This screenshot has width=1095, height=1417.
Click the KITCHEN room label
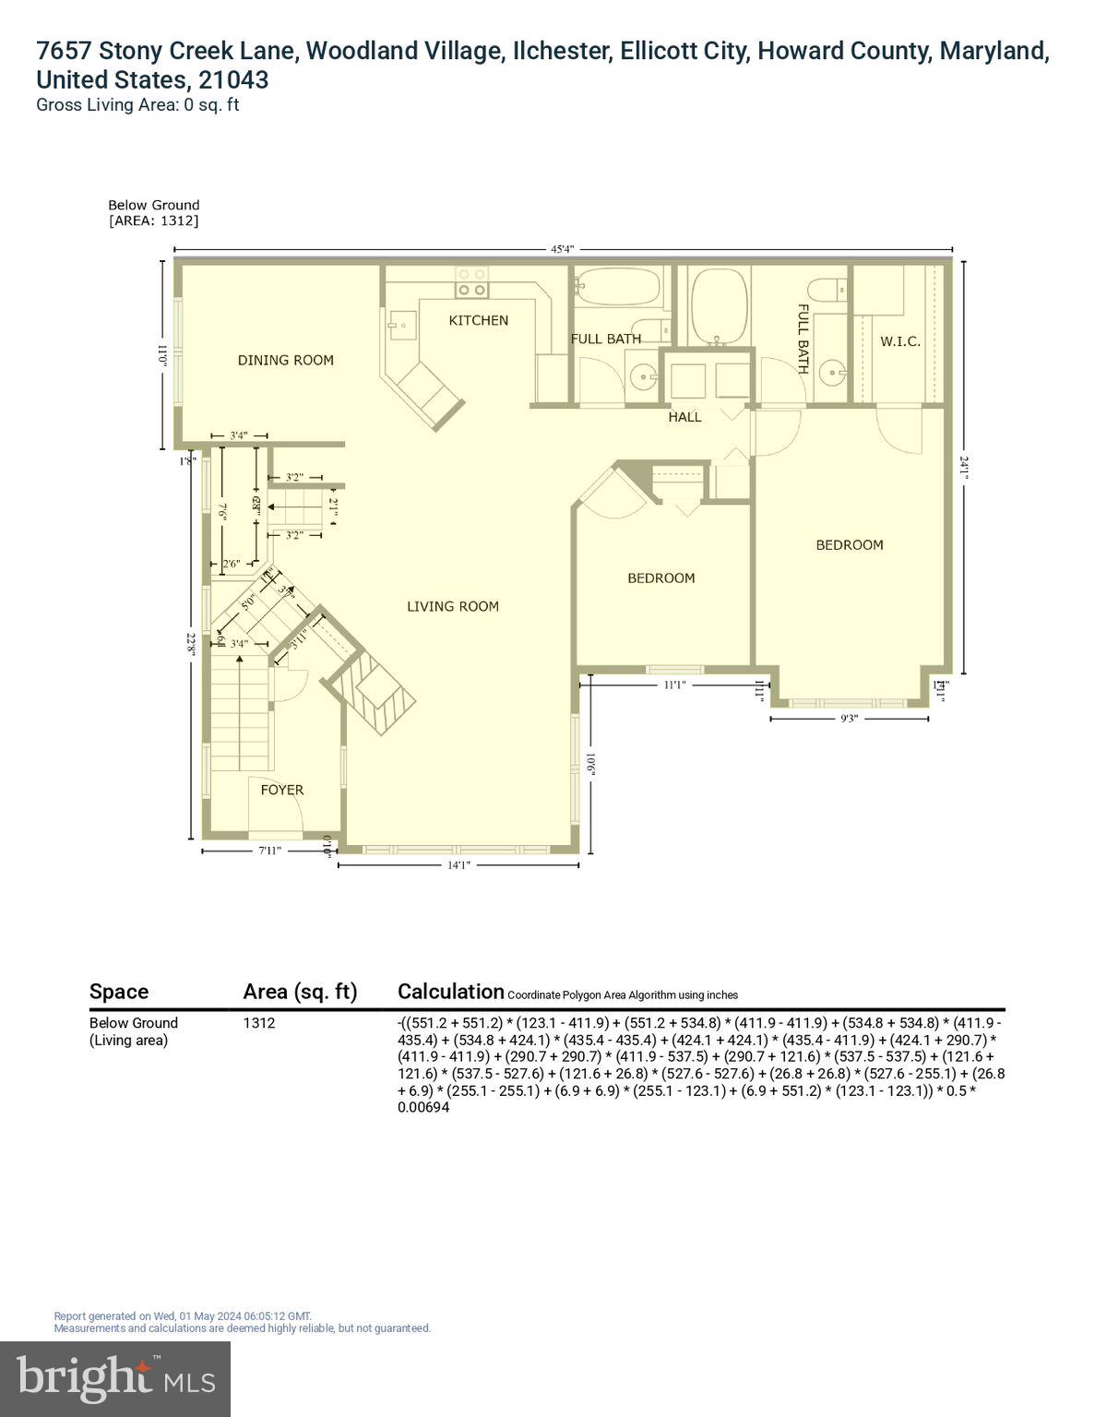click(x=478, y=320)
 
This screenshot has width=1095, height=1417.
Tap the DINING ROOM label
click(x=286, y=360)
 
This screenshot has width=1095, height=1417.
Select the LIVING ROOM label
click(x=453, y=606)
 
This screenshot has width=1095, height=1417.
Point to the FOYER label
click(x=281, y=790)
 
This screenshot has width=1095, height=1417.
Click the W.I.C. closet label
click(x=899, y=341)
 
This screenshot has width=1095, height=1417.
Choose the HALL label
click(x=684, y=417)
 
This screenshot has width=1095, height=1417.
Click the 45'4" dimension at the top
click(x=563, y=249)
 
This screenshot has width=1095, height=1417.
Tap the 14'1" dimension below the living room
click(x=458, y=864)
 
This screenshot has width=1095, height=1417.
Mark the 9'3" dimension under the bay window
click(x=849, y=719)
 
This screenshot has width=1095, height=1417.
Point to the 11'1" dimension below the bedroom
click(x=674, y=685)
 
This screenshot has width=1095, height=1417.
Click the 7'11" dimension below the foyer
click(x=269, y=851)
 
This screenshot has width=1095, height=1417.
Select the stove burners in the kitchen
click(x=472, y=281)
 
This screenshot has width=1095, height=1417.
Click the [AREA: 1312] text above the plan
click(x=153, y=220)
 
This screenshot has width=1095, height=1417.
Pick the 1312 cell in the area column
click(x=259, y=1022)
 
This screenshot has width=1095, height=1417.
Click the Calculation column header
click(x=450, y=992)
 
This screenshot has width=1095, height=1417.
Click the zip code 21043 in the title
click(x=233, y=79)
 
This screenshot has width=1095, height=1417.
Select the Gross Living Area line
click(x=137, y=104)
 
